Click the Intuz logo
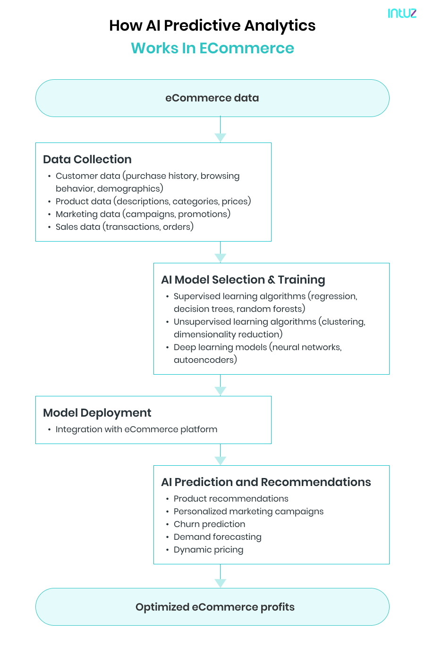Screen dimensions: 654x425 coord(402,13)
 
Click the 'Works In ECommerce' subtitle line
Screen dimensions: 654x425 coord(212,48)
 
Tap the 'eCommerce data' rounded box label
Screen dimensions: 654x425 coord(212,98)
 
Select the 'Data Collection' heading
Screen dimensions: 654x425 coord(87,159)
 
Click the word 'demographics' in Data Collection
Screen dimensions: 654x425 coord(129,189)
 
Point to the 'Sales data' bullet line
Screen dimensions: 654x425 coord(125,227)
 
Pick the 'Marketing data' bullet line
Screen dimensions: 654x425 coord(143,214)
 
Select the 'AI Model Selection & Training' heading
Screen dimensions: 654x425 coord(243,280)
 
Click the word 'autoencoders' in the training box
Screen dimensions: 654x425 coord(204,360)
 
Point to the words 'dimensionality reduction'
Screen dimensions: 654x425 coord(227,335)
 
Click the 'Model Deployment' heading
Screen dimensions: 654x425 coord(97,413)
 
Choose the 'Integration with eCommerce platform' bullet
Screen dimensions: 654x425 coord(136,429)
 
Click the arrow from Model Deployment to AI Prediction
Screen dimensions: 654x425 coord(220,455)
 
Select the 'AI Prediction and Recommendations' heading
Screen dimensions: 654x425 coord(266,482)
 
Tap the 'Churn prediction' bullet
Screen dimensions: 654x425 coord(209,524)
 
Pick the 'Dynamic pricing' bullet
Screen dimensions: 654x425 coord(208,550)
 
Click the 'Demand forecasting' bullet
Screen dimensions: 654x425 coord(217,537)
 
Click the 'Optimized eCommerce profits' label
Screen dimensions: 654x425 coord(215,607)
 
